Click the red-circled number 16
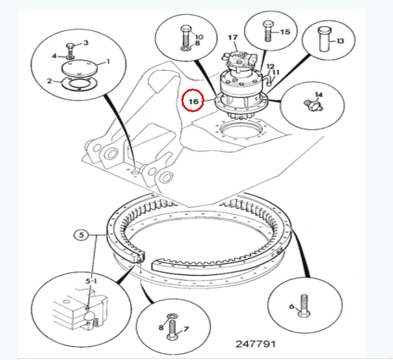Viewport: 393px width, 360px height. tap(192, 100)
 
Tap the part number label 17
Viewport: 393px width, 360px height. tap(233, 38)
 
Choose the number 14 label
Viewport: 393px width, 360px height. tap(319, 95)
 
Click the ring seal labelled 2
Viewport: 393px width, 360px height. tap(78, 84)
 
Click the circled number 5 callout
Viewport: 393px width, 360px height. tap(80, 235)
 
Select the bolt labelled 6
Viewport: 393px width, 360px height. tap(303, 307)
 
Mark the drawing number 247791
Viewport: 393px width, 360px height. tap(255, 343)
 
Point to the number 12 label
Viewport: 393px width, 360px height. tap(270, 66)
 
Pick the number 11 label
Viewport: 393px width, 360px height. tap(276, 72)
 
